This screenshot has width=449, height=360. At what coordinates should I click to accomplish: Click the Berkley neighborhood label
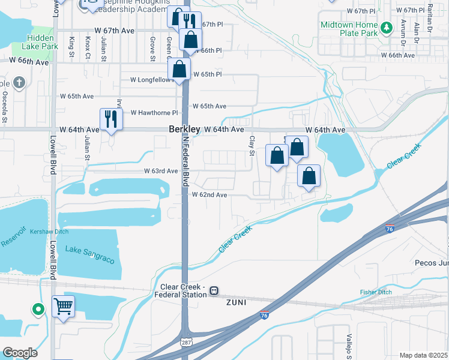[184, 129]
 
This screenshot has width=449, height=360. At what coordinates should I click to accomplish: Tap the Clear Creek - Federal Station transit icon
[214, 291]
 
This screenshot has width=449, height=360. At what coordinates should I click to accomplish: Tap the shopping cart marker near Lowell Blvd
[63, 306]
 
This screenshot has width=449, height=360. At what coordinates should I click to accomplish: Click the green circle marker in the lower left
[38, 310]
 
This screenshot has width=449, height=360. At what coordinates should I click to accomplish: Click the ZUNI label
[237, 303]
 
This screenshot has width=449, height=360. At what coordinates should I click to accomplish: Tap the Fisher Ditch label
[376, 292]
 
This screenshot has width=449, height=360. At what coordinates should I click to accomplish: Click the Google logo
[20, 353]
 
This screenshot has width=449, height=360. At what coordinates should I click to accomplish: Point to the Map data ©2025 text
[423, 355]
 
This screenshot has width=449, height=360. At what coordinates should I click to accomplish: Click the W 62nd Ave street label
[209, 195]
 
